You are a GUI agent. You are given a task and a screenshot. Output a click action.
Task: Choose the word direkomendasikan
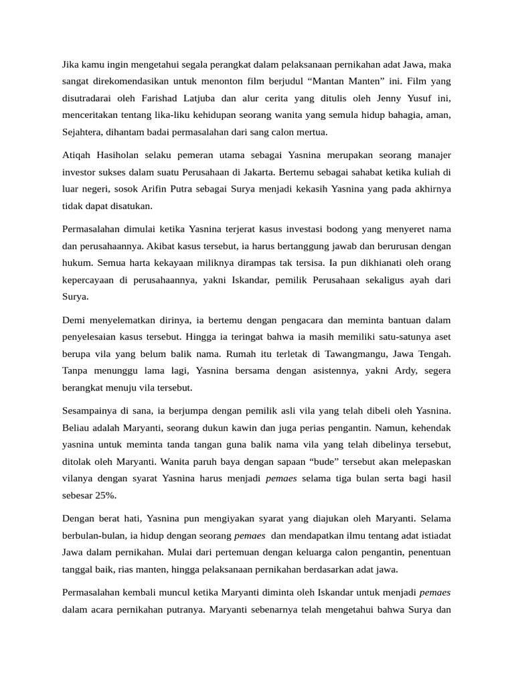click(x=131, y=82)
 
